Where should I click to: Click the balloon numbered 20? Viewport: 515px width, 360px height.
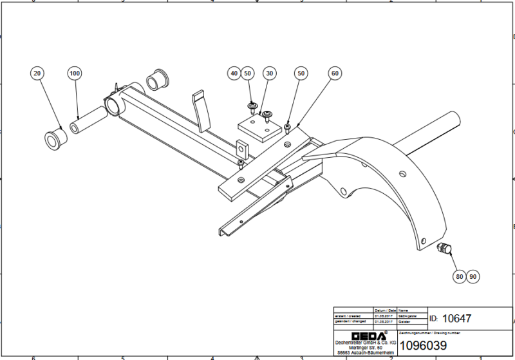pyautogui.click(x=37, y=74)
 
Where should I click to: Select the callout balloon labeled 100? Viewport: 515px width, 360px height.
pyautogui.click(x=75, y=74)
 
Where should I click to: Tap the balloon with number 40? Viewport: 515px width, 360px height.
pyautogui.click(x=234, y=74)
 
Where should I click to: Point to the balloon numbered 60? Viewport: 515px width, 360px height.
pyautogui.click(x=335, y=74)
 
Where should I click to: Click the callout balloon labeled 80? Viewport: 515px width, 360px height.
pyautogui.click(x=459, y=276)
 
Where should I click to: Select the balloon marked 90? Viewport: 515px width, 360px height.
pyautogui.click(x=474, y=276)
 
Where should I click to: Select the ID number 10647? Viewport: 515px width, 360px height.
pyautogui.click(x=459, y=318)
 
